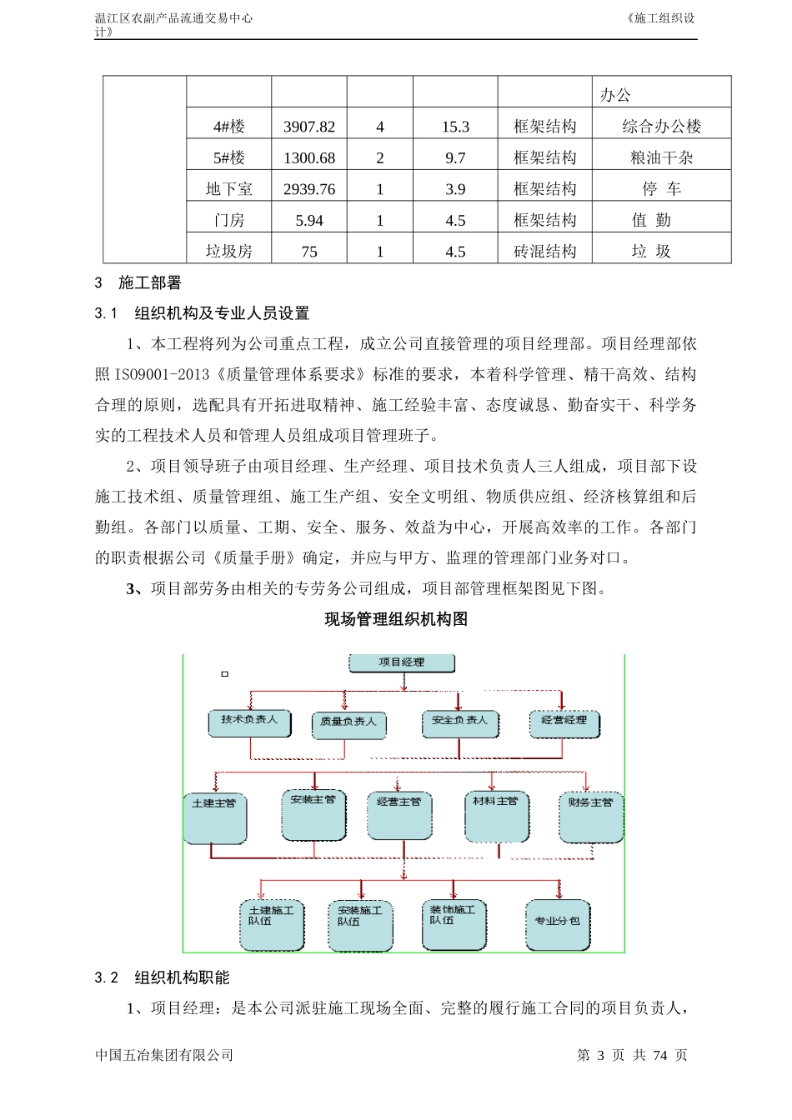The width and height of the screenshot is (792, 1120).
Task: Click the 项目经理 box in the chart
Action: [x=402, y=663]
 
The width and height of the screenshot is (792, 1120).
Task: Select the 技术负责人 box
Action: [x=249, y=722]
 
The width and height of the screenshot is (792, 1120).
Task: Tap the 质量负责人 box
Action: [x=348, y=722]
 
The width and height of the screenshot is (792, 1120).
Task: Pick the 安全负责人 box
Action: [x=459, y=722]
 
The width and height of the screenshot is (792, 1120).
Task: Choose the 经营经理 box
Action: [x=564, y=722]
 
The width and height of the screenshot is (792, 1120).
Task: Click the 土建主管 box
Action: [x=214, y=817]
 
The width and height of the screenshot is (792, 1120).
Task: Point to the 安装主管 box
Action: [x=313, y=813]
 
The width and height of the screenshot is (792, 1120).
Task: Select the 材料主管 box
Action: [x=495, y=815]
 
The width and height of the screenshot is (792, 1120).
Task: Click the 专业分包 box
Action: [x=557, y=923]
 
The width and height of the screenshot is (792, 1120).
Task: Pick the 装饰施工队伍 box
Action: [x=454, y=923]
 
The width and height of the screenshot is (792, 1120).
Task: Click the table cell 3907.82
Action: [x=309, y=127]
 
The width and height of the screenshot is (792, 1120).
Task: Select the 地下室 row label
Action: [x=229, y=189]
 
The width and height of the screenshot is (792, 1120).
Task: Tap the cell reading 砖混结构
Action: [x=545, y=252]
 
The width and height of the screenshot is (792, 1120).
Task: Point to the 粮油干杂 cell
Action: [x=662, y=158]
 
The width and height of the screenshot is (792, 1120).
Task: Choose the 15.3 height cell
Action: [x=455, y=127]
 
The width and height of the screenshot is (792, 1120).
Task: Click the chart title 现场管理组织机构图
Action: [x=396, y=619]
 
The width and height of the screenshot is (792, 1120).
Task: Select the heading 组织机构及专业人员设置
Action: [x=222, y=313]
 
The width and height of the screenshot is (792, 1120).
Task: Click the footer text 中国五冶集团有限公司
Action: [x=164, y=1055]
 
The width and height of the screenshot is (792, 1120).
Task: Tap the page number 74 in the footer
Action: [x=660, y=1055]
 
